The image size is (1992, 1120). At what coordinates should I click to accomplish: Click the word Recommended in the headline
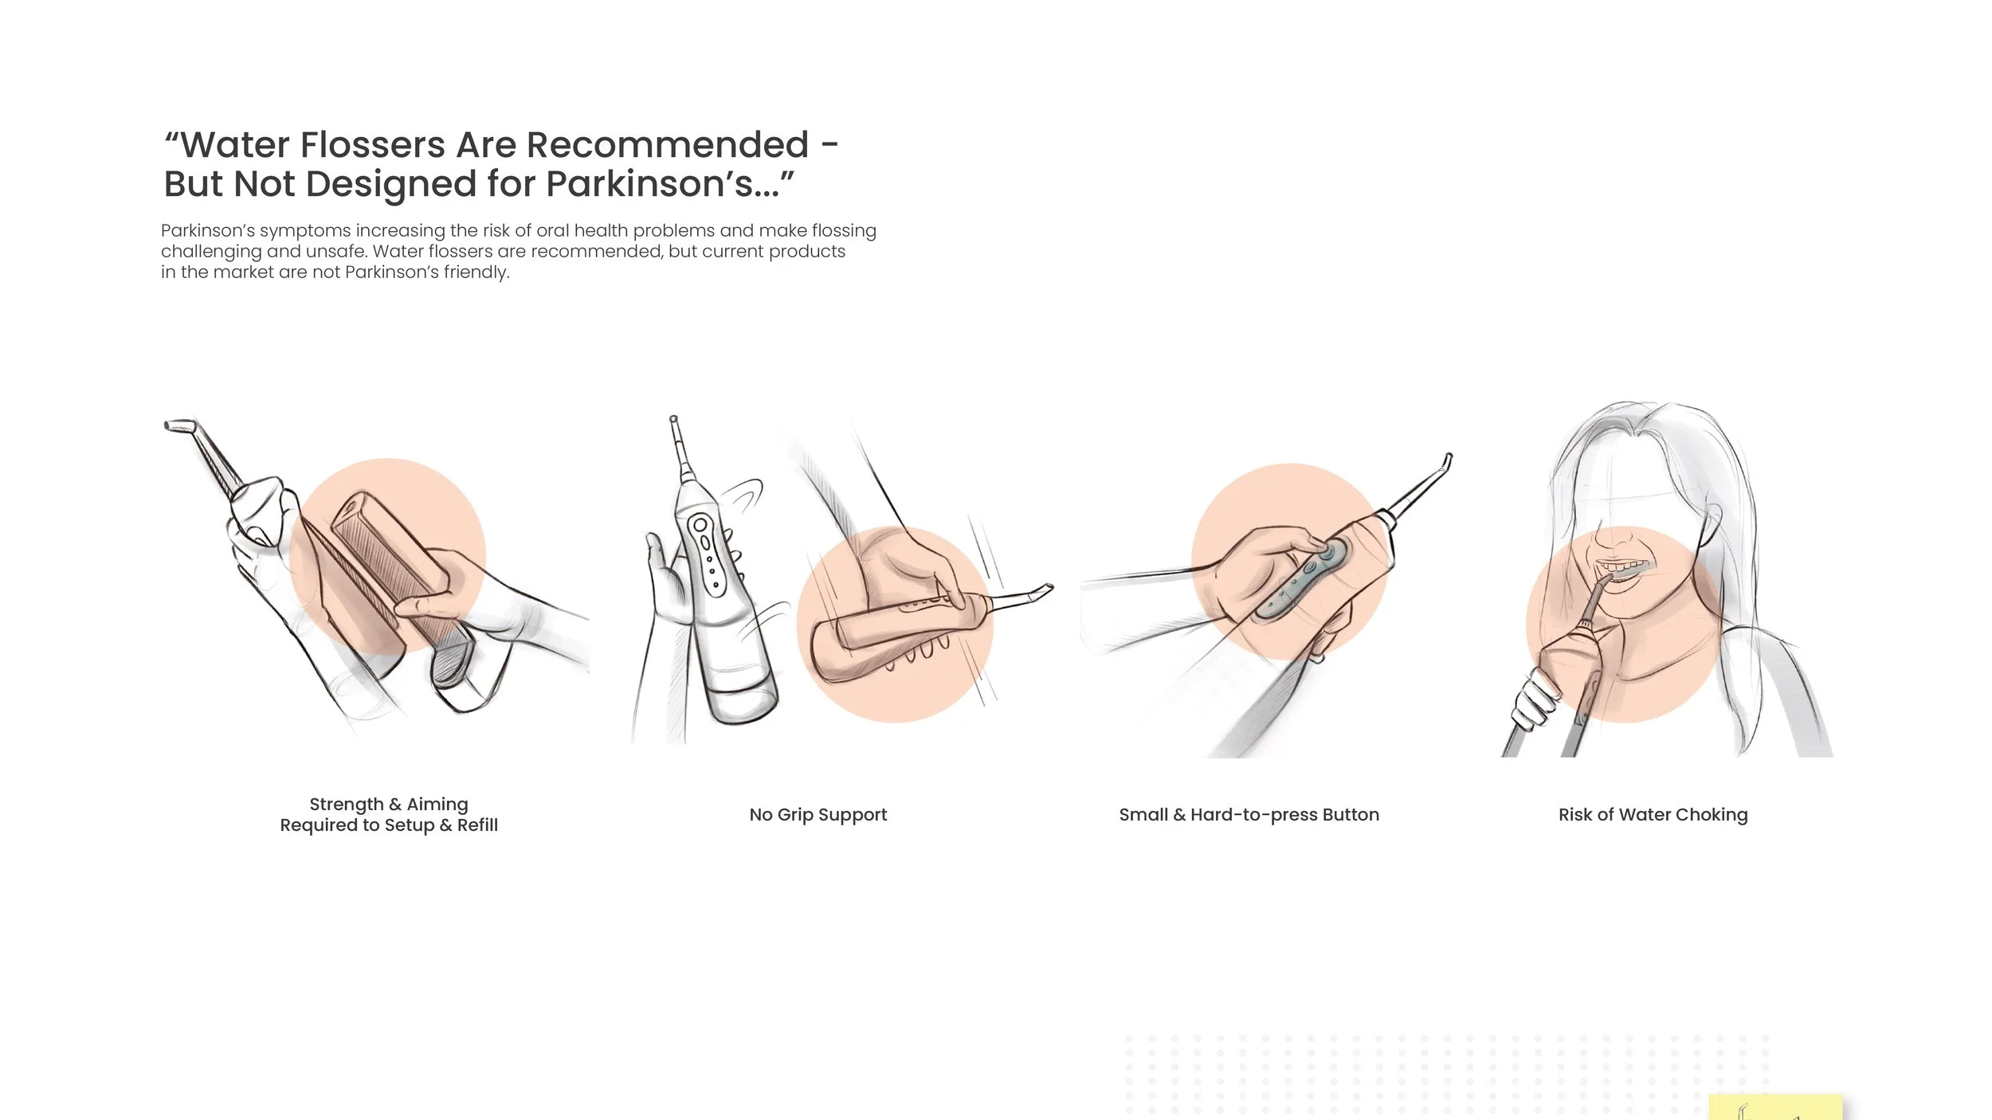tap(667, 145)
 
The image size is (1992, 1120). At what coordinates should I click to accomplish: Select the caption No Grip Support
tap(818, 815)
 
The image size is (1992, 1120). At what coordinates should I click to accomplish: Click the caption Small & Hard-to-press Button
tap(1249, 815)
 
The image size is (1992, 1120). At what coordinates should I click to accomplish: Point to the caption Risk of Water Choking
tap(1653, 815)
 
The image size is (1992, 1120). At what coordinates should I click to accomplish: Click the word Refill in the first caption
tap(477, 825)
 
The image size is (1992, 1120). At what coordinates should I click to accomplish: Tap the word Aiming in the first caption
tap(437, 805)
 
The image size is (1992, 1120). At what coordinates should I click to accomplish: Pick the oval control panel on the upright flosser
tap(708, 554)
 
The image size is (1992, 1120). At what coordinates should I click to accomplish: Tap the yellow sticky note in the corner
tap(1775, 1107)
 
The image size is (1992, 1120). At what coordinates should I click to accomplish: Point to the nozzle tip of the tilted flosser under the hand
tap(1045, 589)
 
